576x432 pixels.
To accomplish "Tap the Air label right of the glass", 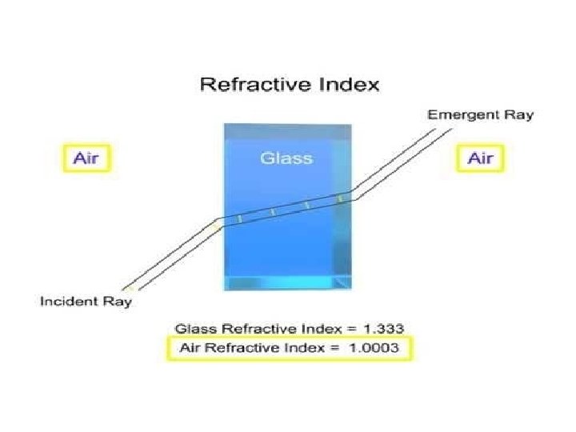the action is click(x=481, y=158).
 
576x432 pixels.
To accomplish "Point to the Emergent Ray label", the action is click(x=480, y=115).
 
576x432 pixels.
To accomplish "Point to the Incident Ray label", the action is click(x=86, y=302).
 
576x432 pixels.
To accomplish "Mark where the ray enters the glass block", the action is click(x=223, y=221).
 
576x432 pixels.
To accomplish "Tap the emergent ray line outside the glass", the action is click(x=392, y=160).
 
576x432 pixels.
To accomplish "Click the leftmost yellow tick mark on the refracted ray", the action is click(x=238, y=218).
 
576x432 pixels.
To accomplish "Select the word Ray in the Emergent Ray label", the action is click(x=518, y=115).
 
